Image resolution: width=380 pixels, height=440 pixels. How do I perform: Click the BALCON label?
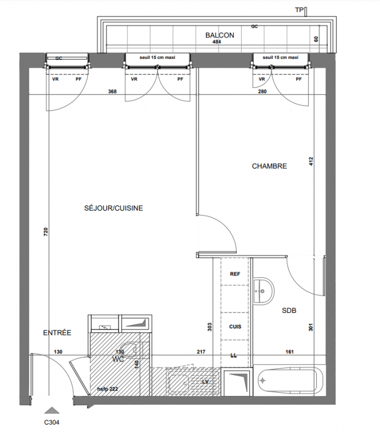click(x=220, y=35)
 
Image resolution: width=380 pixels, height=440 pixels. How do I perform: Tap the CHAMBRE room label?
click(x=269, y=166)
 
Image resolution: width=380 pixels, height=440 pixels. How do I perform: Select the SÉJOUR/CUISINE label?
click(x=114, y=208)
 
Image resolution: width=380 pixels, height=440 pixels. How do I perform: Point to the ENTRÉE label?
click(x=57, y=333)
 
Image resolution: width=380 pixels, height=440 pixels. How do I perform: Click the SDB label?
click(x=289, y=311)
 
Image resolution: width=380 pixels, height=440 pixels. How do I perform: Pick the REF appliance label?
click(x=235, y=274)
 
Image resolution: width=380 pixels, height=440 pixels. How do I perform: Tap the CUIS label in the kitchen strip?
click(x=235, y=327)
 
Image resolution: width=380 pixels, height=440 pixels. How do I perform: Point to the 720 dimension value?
click(x=46, y=232)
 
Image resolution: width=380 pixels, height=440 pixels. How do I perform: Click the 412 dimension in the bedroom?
click(x=311, y=161)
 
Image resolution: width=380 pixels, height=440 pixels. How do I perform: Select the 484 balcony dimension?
click(x=217, y=42)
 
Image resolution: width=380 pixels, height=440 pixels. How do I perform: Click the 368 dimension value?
click(x=113, y=91)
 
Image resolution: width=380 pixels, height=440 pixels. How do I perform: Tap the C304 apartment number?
click(x=52, y=422)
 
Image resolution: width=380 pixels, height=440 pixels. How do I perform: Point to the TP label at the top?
click(x=299, y=10)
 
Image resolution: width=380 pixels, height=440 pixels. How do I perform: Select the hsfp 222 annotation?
click(x=107, y=389)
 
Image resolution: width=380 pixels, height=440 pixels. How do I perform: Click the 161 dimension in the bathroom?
click(x=289, y=351)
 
